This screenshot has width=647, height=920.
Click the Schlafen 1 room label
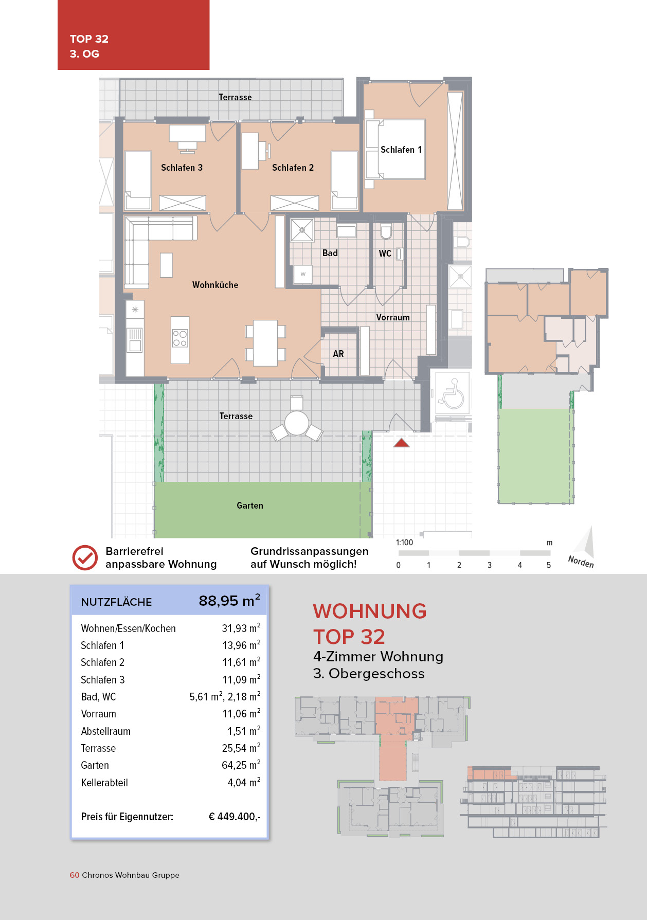401,150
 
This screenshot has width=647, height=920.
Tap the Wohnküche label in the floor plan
215,285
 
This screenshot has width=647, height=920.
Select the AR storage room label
338,354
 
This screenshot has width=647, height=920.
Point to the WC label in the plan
385,254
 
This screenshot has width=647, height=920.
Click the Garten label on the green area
250,506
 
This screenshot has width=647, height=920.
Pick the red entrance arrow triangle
401,443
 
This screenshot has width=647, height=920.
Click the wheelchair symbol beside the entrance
453,394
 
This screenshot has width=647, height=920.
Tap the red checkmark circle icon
85,557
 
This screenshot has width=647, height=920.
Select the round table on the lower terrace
297,423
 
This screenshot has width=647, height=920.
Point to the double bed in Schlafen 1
396,149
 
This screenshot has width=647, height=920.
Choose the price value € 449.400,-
235,817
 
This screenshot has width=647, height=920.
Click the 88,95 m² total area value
229,601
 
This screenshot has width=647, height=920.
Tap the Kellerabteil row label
104,783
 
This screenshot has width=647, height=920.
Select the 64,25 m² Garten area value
241,765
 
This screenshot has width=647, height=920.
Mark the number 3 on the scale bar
490,565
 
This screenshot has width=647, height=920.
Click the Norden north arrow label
581,562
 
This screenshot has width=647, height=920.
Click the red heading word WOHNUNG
370,611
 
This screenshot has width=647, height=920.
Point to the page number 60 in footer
75,875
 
